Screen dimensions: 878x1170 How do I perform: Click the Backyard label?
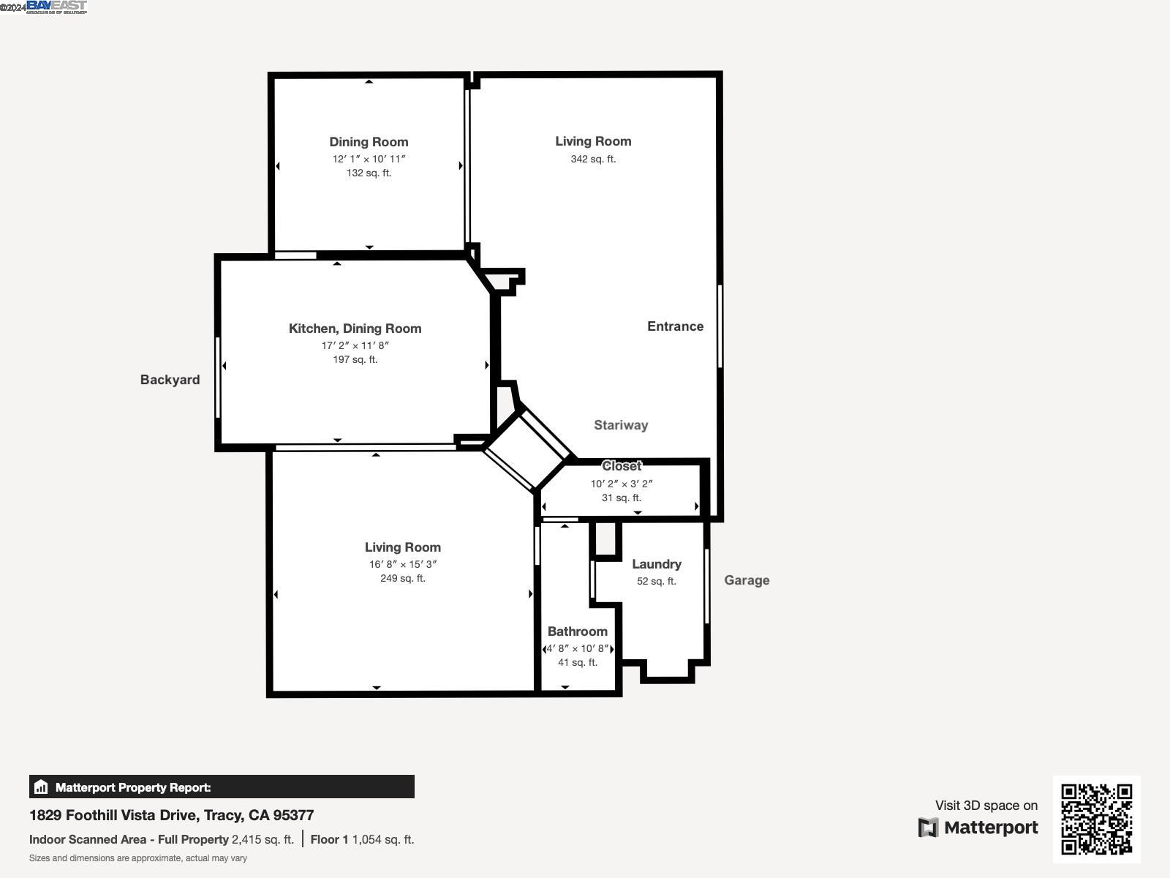click(170, 380)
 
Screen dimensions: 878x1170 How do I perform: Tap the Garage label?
click(747, 580)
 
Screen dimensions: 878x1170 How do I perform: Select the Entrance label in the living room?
click(675, 326)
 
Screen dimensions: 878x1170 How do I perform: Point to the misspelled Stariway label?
click(621, 425)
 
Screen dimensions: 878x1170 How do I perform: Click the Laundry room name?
click(657, 564)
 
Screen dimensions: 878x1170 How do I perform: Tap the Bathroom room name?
click(577, 631)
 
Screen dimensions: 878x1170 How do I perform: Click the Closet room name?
click(622, 466)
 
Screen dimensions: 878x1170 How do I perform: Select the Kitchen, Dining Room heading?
click(355, 329)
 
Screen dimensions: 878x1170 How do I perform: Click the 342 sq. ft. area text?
click(593, 159)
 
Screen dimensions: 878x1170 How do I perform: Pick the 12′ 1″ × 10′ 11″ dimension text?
click(369, 159)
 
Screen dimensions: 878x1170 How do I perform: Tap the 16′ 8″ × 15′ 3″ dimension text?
click(402, 564)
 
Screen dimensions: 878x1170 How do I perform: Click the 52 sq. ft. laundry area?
click(657, 581)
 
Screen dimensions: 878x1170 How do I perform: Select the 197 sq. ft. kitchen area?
click(355, 359)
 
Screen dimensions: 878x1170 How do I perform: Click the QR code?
click(1096, 819)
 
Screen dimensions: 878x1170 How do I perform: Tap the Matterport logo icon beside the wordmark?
click(928, 828)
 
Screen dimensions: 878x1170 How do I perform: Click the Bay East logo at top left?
click(56, 7)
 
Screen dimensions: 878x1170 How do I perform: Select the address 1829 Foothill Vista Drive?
click(171, 815)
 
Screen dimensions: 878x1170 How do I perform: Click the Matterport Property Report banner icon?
click(41, 787)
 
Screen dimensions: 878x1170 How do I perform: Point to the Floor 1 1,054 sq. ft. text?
click(362, 839)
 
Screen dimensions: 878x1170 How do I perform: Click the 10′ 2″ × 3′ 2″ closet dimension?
click(622, 484)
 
